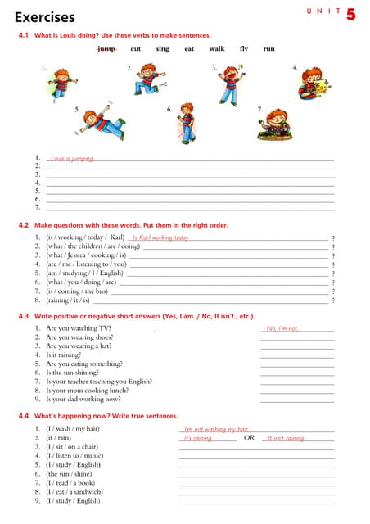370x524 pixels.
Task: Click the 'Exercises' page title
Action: (44, 17)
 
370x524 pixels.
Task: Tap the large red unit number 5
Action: (350, 14)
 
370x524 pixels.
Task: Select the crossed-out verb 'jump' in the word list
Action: (106, 49)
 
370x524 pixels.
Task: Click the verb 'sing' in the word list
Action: (163, 49)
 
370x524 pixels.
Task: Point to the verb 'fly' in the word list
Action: (244, 49)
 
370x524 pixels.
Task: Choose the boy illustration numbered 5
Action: (101, 122)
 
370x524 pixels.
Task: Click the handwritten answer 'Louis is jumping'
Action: (71, 158)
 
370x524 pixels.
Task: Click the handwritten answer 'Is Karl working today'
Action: (160, 238)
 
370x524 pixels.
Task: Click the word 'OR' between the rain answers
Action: (249, 438)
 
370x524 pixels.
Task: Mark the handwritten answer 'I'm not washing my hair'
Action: (215, 429)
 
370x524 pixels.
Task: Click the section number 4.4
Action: (24, 416)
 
